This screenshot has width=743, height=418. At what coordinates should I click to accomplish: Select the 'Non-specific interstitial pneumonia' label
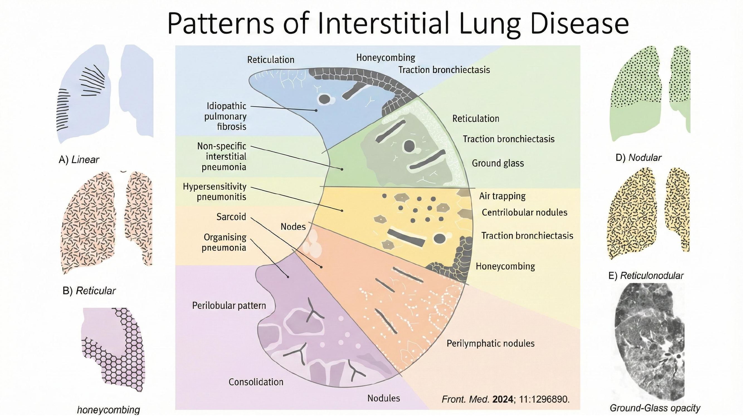(222, 157)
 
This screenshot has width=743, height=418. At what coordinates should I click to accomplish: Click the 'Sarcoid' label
(231, 217)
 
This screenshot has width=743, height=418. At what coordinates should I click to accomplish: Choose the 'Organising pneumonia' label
(225, 242)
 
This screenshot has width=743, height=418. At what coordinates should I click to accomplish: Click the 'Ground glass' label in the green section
(498, 163)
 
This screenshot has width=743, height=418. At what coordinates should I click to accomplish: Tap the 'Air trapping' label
(502, 196)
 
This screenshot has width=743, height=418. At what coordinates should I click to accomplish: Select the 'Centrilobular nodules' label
(524, 213)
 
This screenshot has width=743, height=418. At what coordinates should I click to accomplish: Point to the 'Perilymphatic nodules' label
(490, 343)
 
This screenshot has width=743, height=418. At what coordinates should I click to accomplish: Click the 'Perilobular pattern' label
(229, 305)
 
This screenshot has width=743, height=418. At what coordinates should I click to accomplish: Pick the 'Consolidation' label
(256, 382)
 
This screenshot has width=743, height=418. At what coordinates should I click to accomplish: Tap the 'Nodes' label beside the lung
(293, 227)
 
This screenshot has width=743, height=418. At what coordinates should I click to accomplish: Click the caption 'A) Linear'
(79, 159)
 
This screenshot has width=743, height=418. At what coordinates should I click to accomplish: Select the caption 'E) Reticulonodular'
(646, 276)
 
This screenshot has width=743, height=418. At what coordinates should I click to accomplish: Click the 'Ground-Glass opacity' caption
(655, 408)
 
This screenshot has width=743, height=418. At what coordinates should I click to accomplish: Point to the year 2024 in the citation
(503, 399)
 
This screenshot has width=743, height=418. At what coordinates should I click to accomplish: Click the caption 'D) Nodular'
(638, 157)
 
